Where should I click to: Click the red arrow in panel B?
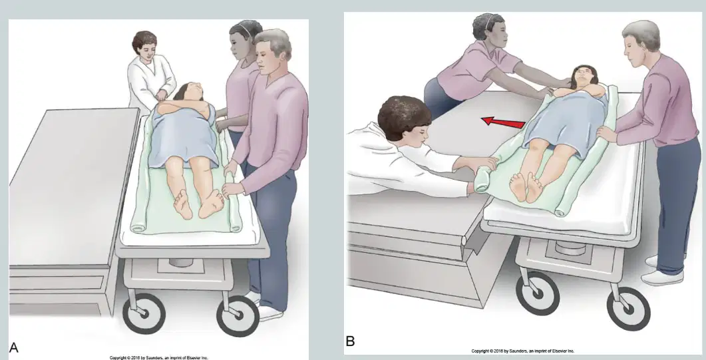503,122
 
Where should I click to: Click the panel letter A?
14,347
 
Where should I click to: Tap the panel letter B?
350,341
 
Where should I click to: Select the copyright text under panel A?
159,358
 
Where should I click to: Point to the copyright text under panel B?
523,351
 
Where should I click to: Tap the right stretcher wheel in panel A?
238,315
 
